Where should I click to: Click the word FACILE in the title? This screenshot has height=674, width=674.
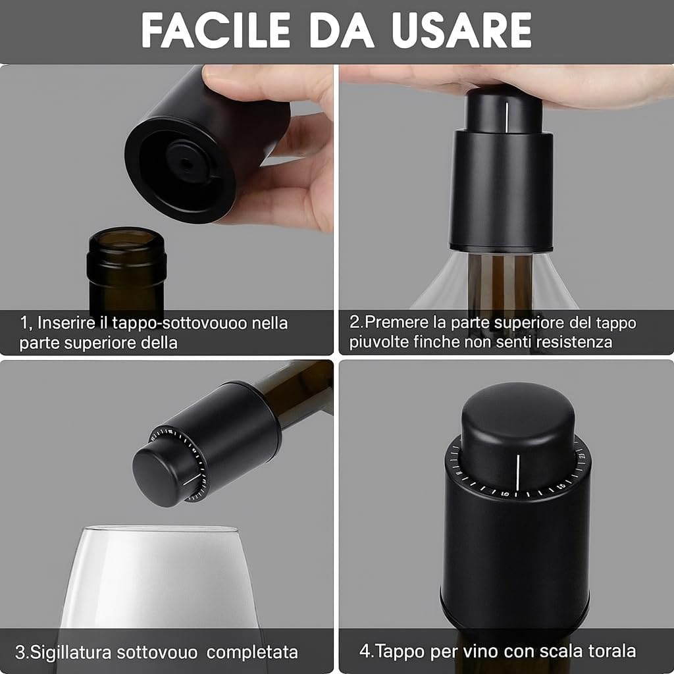(x=216, y=30)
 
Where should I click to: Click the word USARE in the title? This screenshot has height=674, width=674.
(x=462, y=30)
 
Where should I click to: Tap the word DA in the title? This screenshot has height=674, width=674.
(x=342, y=30)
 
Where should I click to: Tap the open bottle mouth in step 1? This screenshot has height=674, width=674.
(x=126, y=238)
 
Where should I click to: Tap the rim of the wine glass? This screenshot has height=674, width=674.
(x=160, y=529)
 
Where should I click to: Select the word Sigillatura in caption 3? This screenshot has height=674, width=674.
(x=71, y=652)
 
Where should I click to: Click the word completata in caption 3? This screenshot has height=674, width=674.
(x=252, y=652)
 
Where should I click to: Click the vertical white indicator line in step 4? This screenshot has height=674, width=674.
(x=518, y=472)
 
